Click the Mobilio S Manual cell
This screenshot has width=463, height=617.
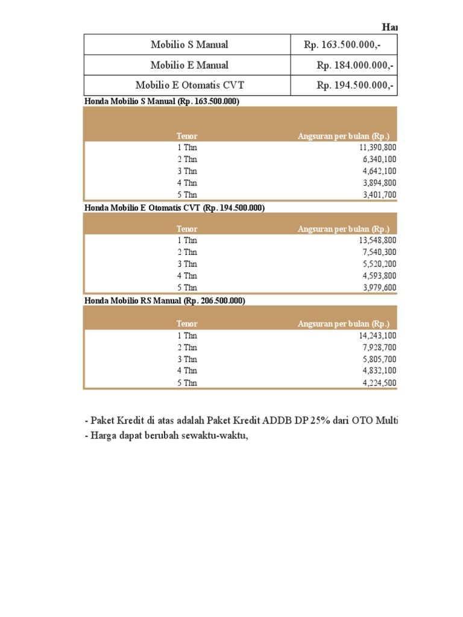tap(189, 45)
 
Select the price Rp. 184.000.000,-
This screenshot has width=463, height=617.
tap(355, 65)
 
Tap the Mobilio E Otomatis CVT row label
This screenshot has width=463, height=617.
tap(189, 86)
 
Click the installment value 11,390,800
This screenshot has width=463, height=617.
tap(377, 148)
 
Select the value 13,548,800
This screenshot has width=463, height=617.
tap(377, 240)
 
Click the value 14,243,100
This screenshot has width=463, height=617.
tap(377, 336)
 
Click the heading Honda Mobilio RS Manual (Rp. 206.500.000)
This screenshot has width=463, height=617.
tap(165, 300)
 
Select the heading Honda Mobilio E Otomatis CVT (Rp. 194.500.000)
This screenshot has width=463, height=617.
tap(174, 208)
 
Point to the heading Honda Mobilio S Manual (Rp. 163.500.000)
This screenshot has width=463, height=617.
tap(162, 102)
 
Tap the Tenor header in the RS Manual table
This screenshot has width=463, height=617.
tap(187, 324)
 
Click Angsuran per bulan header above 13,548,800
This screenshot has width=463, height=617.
tap(344, 229)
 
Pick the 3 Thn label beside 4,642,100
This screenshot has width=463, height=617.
tap(187, 171)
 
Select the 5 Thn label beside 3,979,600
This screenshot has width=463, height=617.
tap(187, 287)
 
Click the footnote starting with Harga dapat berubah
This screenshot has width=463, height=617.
tap(166, 436)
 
